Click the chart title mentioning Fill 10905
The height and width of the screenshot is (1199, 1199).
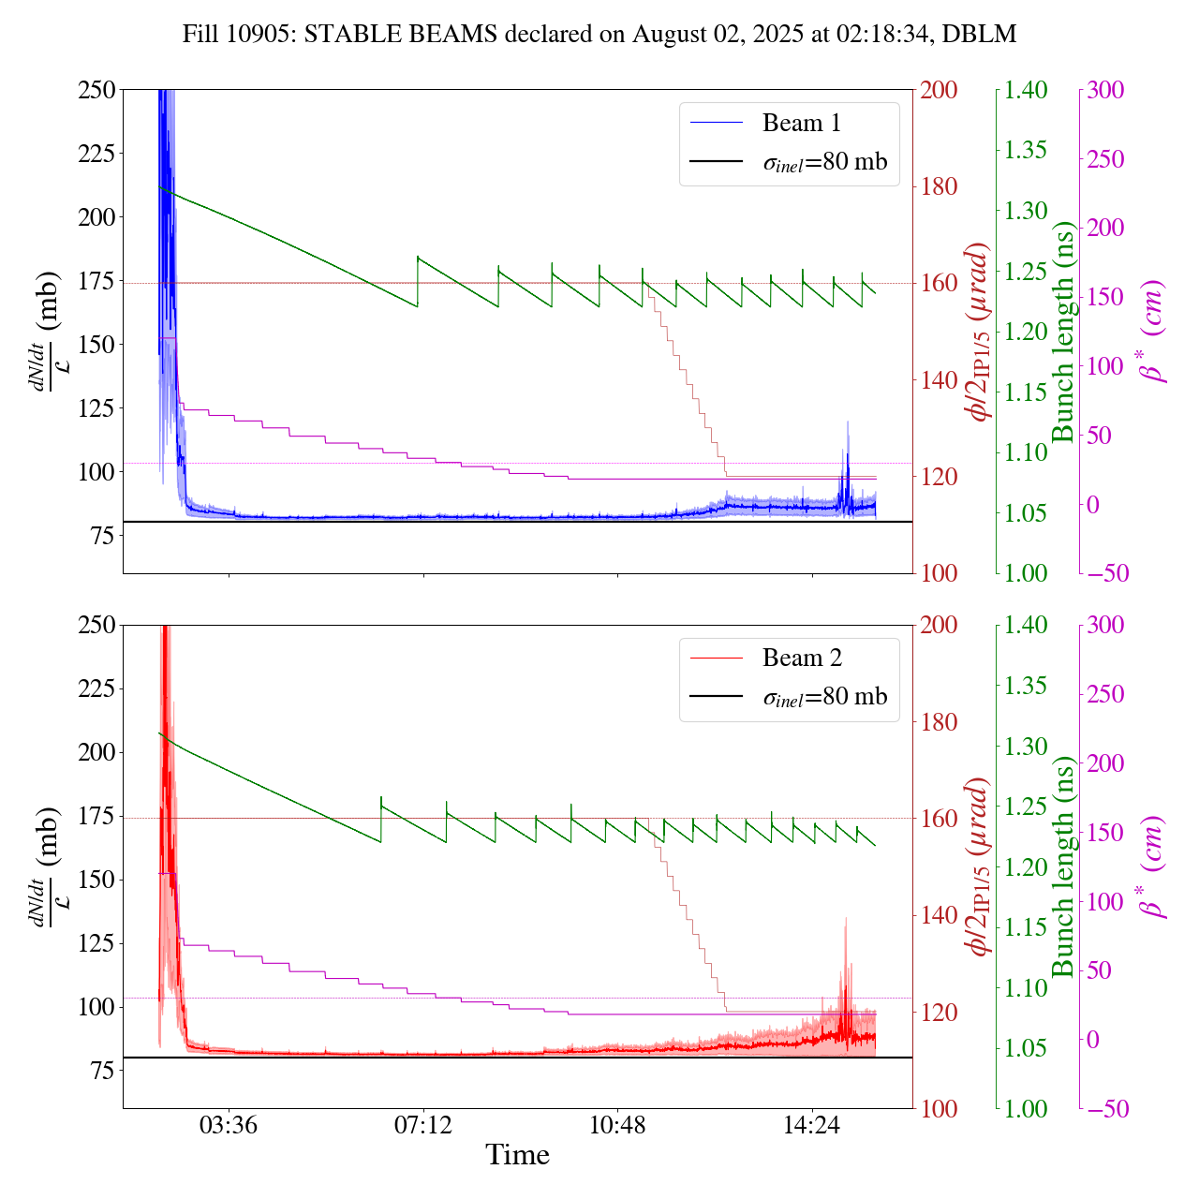599,35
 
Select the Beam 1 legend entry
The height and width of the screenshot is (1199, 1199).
801,123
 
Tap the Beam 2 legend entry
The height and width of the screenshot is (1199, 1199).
801,658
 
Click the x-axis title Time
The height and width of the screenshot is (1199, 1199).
517,1155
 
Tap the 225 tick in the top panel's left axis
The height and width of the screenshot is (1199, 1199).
96,153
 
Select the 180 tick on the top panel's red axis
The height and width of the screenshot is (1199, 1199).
940,186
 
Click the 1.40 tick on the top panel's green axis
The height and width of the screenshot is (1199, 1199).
1028,90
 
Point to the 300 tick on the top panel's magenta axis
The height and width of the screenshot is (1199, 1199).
1105,90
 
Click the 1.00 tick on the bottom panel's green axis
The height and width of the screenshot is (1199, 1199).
1028,1109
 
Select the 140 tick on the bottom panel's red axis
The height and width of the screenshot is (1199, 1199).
940,915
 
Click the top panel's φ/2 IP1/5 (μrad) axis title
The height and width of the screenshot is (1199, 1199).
980,332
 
